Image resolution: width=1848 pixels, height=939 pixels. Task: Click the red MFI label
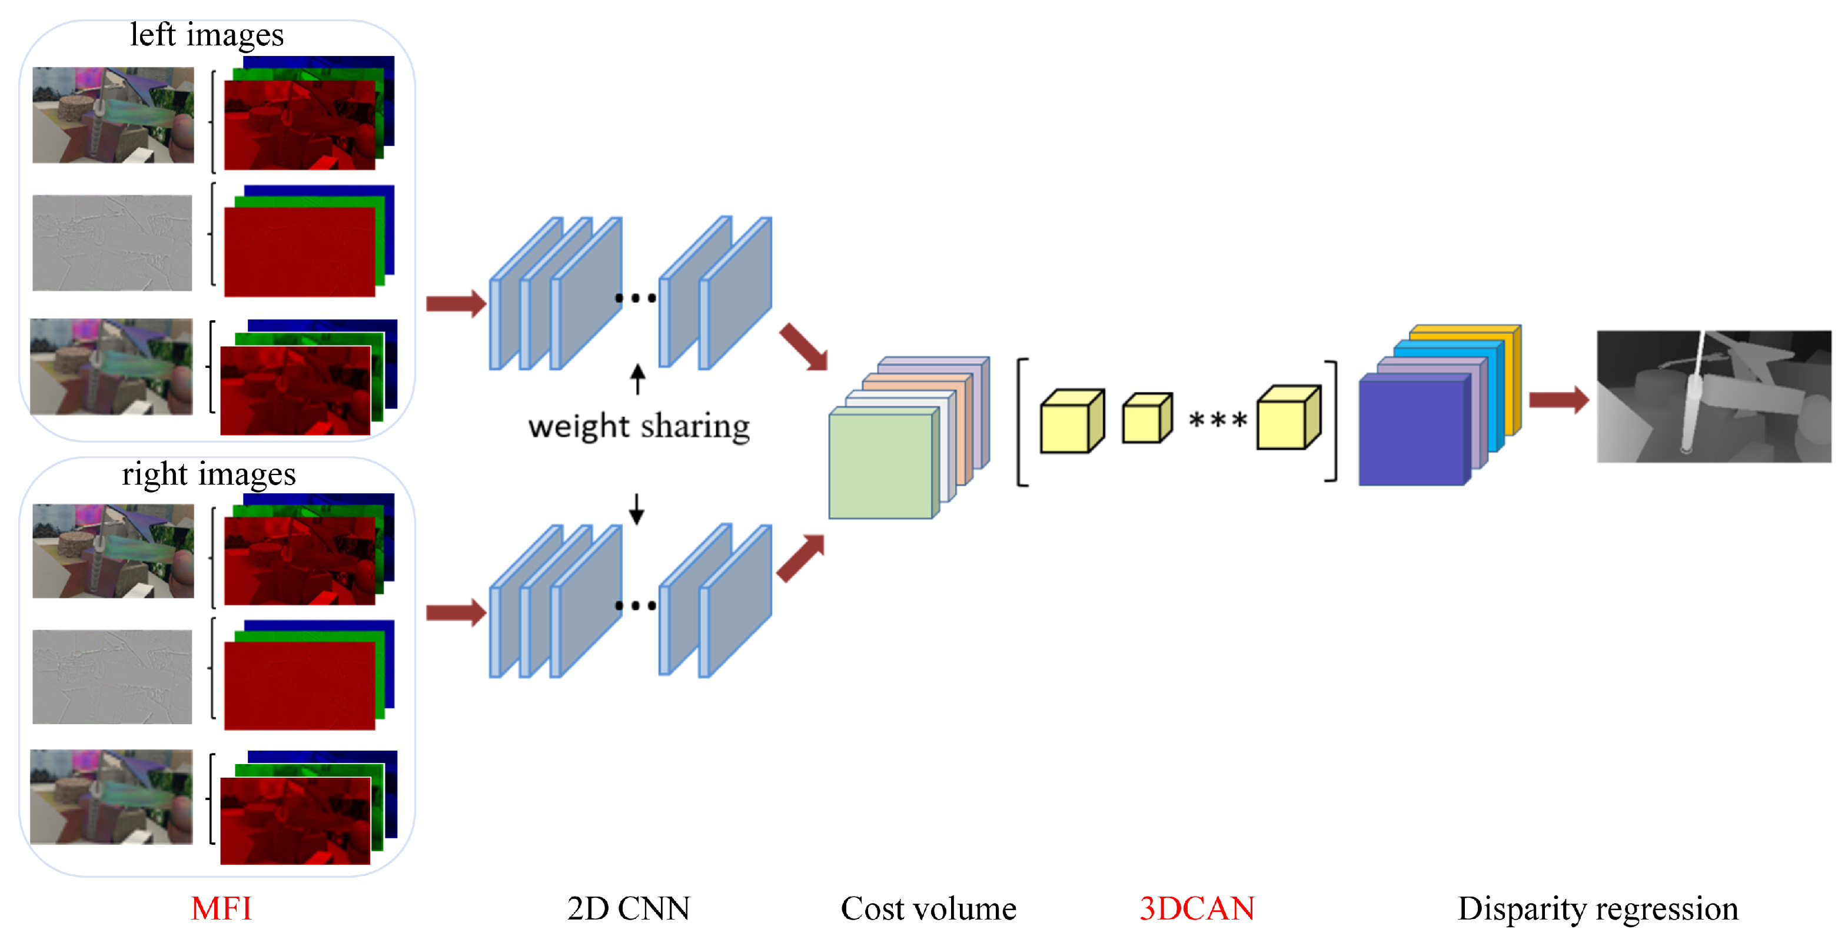coord(221,908)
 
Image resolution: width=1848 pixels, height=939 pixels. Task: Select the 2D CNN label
coord(628,908)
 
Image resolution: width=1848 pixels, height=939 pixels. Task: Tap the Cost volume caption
coord(928,908)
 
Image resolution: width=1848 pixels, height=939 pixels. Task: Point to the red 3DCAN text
coord(1196,908)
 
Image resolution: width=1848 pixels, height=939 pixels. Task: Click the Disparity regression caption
coord(1598,908)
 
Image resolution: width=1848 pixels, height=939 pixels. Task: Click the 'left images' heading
coord(207,34)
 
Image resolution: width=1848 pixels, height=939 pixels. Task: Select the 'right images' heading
coord(209,473)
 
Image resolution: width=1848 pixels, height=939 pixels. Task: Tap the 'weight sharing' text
coord(639,426)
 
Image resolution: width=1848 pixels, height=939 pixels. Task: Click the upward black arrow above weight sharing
coord(637,379)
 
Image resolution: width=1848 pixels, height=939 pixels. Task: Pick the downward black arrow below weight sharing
coord(636,509)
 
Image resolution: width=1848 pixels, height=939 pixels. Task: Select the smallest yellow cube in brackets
coord(1146,419)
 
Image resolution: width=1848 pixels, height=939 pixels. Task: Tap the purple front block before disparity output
coord(1410,432)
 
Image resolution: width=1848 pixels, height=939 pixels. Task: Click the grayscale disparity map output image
coord(1713,396)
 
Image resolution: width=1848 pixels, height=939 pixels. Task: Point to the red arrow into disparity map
coord(1557,400)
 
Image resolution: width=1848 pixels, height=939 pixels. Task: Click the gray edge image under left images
coord(112,243)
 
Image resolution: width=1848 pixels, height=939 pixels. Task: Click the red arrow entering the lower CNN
coord(456,613)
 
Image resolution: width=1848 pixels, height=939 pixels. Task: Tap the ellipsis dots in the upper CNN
coord(635,298)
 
